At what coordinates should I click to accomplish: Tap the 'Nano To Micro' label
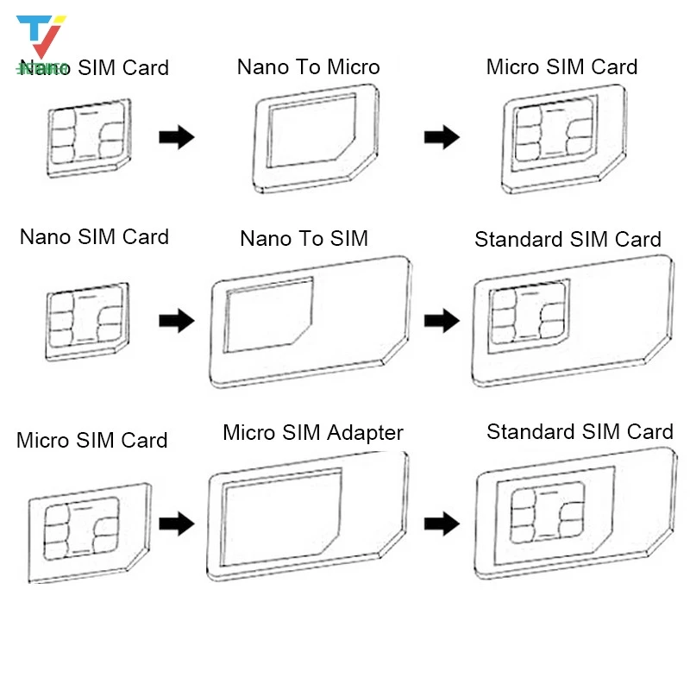(x=308, y=66)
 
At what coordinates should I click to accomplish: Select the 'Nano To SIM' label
(x=304, y=238)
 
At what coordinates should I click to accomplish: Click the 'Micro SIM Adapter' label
(x=312, y=432)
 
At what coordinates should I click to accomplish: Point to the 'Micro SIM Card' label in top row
(x=561, y=66)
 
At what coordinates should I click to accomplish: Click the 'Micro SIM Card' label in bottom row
(x=91, y=440)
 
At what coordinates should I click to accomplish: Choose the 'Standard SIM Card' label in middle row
(x=568, y=239)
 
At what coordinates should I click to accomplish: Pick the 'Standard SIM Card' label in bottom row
(x=580, y=431)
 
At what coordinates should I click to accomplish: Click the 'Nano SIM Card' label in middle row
(x=94, y=236)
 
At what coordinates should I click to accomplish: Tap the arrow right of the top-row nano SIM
(x=177, y=136)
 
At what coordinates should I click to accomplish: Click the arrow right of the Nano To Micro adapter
(x=441, y=136)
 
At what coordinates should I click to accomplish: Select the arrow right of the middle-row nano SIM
(x=177, y=322)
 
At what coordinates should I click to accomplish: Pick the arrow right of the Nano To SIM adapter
(x=441, y=322)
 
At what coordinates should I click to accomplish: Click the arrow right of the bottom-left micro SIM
(x=177, y=521)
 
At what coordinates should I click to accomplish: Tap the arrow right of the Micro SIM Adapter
(x=441, y=521)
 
